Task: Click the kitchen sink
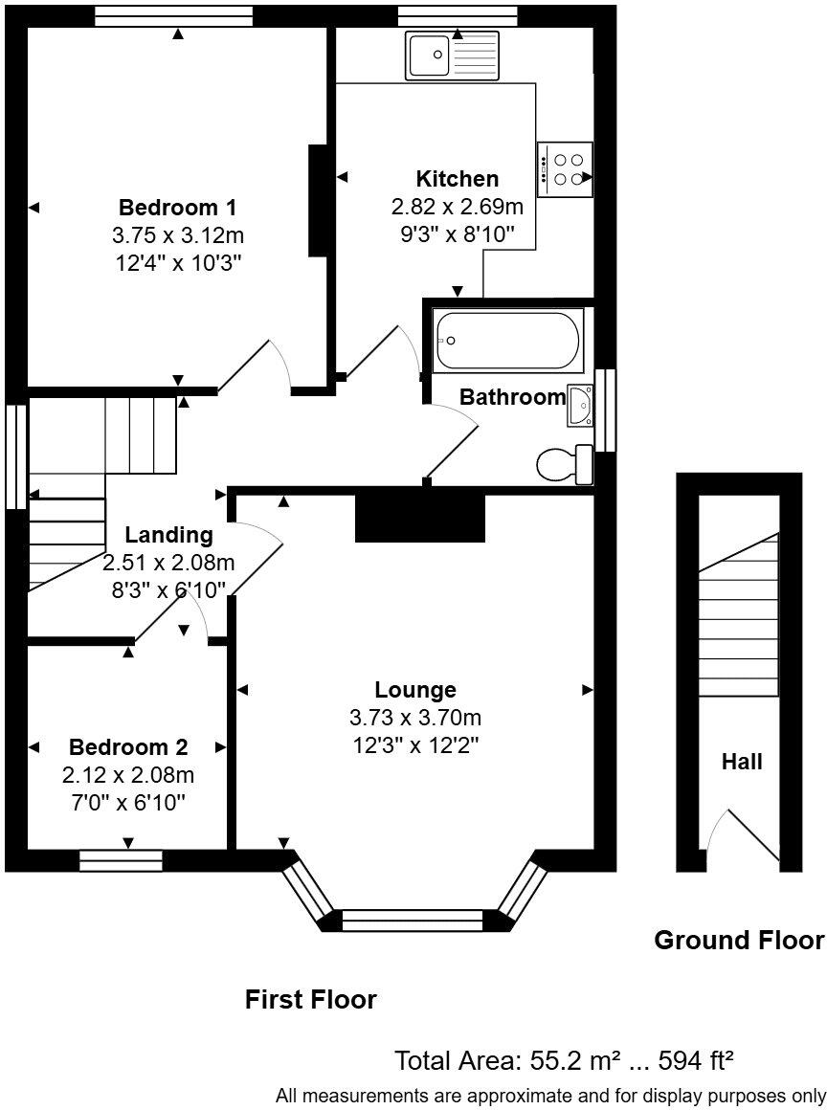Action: [452, 55]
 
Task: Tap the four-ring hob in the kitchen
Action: [566, 169]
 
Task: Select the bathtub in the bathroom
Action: [508, 340]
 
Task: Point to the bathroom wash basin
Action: [579, 405]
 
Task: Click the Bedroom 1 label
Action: [177, 207]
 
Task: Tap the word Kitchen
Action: [457, 179]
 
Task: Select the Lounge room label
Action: [415, 689]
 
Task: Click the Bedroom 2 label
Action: [128, 747]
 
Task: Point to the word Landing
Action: [168, 535]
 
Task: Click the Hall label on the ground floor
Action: [742, 762]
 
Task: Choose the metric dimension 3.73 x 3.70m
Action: [415, 718]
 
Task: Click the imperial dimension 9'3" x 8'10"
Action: [457, 233]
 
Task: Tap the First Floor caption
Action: [311, 1000]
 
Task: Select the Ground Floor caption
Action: [738, 940]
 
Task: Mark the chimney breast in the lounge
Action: [420, 518]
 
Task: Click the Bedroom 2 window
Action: [121, 861]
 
